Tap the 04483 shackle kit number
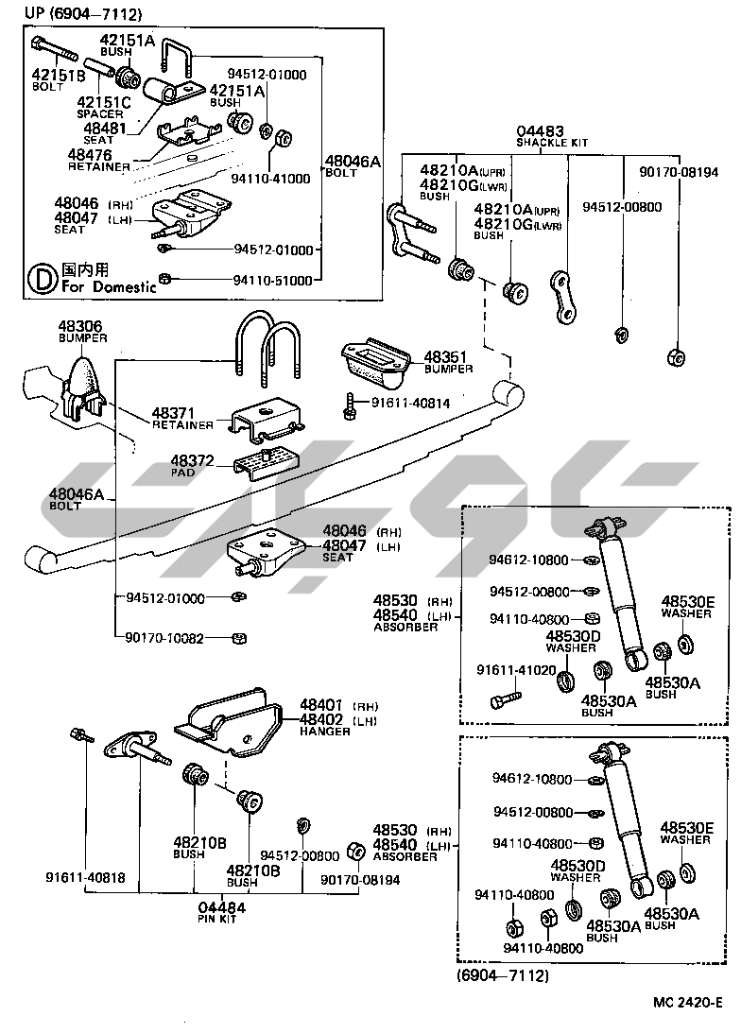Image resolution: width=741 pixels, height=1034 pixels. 540,131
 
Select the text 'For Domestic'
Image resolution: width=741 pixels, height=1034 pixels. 109,287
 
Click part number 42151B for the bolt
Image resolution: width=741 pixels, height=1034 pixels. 58,76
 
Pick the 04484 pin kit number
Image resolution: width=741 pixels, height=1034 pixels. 223,906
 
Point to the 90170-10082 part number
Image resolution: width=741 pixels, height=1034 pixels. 164,638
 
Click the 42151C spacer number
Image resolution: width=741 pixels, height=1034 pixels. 102,102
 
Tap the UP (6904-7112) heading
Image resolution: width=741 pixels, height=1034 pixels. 69,14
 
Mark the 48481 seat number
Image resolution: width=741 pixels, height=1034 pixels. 105,129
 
